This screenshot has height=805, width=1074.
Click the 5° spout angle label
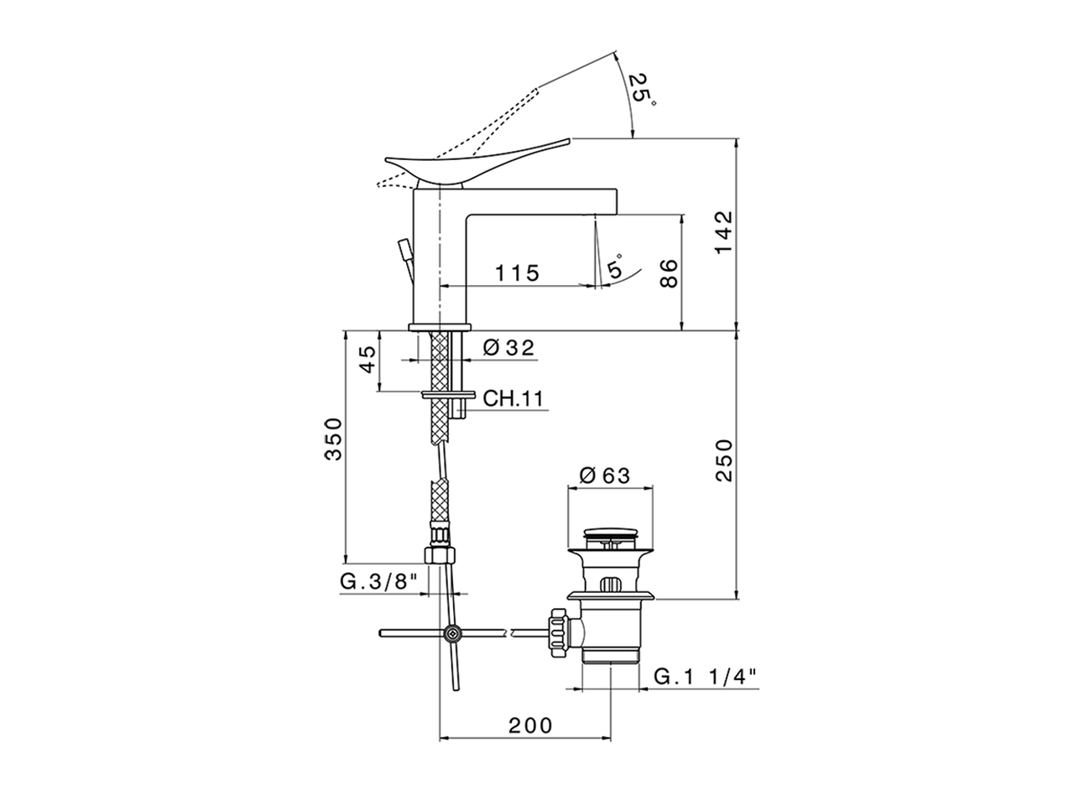coord(617,267)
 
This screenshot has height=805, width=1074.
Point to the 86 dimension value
coord(669,273)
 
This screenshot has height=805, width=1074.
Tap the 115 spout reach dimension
coord(516,273)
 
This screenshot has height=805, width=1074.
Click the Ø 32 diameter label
coord(509,347)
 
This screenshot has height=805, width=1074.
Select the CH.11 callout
coord(513,398)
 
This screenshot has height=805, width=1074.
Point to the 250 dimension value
coord(723,460)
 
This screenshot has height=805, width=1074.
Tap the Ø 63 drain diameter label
coord(604,475)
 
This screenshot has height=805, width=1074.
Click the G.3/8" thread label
coord(378,582)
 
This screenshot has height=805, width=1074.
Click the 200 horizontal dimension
coord(529,725)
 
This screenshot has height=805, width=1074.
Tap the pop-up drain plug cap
coord(611,532)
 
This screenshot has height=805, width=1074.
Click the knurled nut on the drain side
coord(558,635)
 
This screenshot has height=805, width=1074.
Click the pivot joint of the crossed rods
coord(453,634)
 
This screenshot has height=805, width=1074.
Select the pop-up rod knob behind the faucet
coord(404,248)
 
